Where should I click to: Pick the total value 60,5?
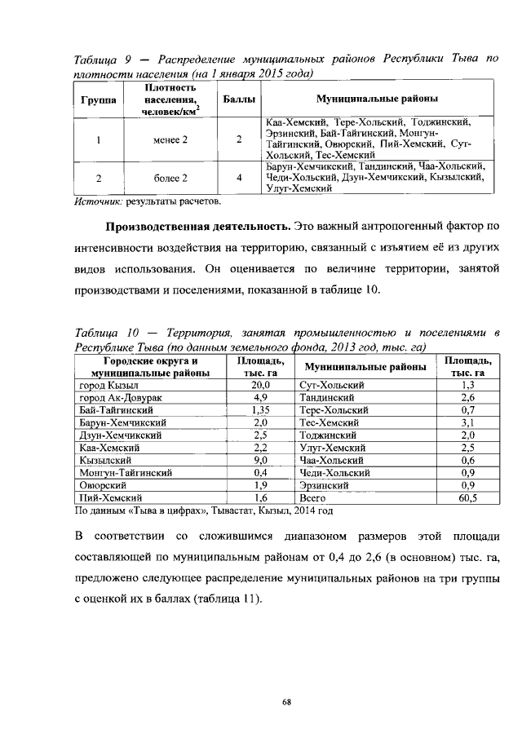(x=467, y=497)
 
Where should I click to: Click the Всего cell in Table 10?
(x=313, y=497)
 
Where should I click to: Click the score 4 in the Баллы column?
(x=238, y=177)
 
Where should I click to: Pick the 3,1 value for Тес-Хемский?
(x=467, y=422)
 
